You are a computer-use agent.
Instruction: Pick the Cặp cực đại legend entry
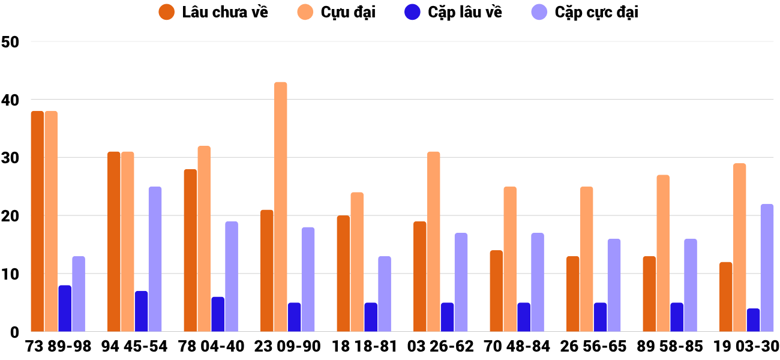pyautogui.click(x=585, y=12)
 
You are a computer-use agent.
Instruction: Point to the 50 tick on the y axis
pyautogui.click(x=11, y=42)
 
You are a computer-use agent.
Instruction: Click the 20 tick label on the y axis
pyautogui.click(x=11, y=216)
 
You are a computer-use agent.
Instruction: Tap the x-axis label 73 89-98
pyautogui.click(x=58, y=346)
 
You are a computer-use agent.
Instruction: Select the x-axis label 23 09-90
pyautogui.click(x=287, y=346)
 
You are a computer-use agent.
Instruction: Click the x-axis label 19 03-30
pyautogui.click(x=746, y=346)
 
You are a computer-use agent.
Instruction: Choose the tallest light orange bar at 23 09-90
pyautogui.click(x=281, y=207)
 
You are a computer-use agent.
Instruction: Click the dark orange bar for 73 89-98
pyautogui.click(x=37, y=221)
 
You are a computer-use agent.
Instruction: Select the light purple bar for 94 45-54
pyautogui.click(x=155, y=259)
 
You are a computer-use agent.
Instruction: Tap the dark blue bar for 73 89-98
pyautogui.click(x=65, y=308)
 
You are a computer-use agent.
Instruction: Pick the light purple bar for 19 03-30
pyautogui.click(x=767, y=268)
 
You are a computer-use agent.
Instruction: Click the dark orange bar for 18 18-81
pyautogui.click(x=343, y=274)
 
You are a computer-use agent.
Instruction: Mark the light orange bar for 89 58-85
pyautogui.click(x=663, y=253)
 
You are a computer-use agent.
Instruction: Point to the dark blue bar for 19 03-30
pyautogui.click(x=753, y=320)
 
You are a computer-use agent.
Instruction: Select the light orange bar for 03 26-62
pyautogui.click(x=433, y=242)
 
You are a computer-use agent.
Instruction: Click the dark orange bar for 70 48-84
pyautogui.click(x=496, y=291)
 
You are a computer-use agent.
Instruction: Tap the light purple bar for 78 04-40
pyautogui.click(x=232, y=277)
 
